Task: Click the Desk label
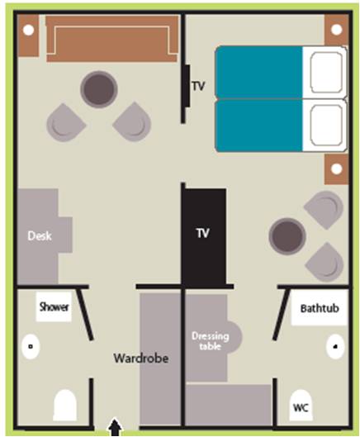click(x=40, y=236)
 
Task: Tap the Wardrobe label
click(x=141, y=359)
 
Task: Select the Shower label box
click(x=54, y=306)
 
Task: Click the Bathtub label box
click(x=320, y=307)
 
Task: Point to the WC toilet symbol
click(x=301, y=405)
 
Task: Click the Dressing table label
click(x=211, y=341)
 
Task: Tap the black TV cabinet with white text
click(x=204, y=237)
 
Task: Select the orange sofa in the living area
click(x=112, y=39)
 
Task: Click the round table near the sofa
click(x=99, y=89)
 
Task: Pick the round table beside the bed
click(x=287, y=236)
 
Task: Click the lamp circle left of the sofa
click(x=28, y=30)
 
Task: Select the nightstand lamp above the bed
click(x=337, y=29)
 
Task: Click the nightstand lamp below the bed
click(x=337, y=169)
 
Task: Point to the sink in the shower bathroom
click(x=31, y=346)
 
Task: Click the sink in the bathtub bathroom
click(x=335, y=346)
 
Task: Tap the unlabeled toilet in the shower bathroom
click(x=65, y=405)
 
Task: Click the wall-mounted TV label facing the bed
click(x=198, y=86)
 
